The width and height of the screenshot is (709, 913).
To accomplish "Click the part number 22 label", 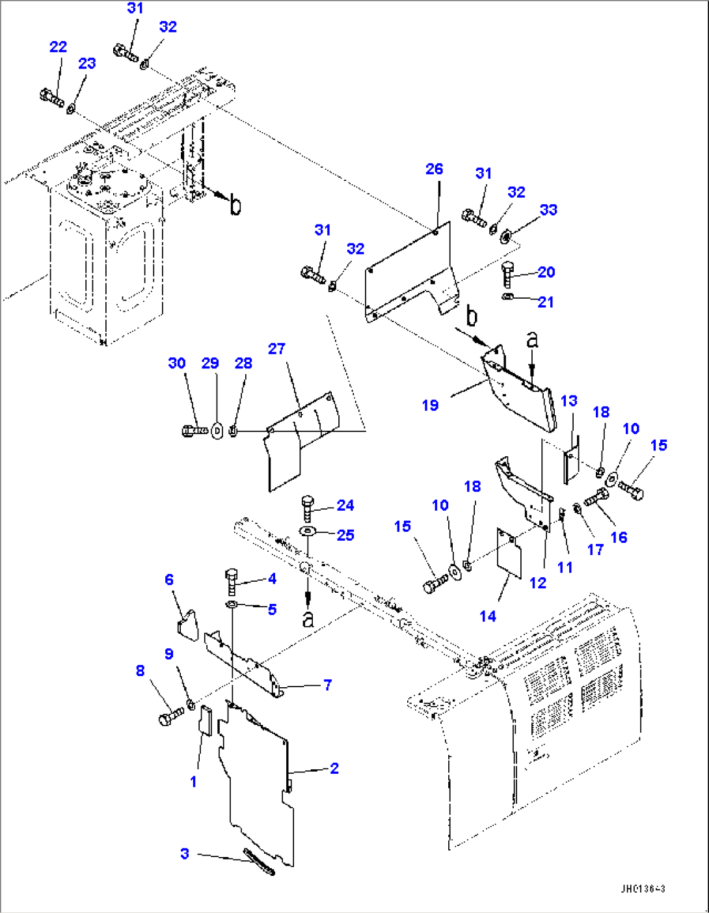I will pyautogui.click(x=58, y=47).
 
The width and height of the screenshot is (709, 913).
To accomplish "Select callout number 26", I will pyautogui.click(x=434, y=169).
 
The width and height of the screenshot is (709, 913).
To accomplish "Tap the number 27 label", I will pyautogui.click(x=276, y=349).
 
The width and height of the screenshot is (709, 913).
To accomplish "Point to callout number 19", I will pyautogui.click(x=430, y=405).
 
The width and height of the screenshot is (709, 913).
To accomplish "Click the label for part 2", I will pyautogui.click(x=334, y=769).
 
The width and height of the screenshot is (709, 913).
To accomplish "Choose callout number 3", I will pyautogui.click(x=185, y=854).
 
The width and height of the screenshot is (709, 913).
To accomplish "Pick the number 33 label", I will pyautogui.click(x=548, y=210).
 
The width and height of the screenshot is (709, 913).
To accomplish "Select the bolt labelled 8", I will pyautogui.click(x=170, y=716).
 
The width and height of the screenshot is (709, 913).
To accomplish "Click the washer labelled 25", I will pyautogui.click(x=308, y=532).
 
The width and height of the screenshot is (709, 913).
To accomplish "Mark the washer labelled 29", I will pyautogui.click(x=217, y=431).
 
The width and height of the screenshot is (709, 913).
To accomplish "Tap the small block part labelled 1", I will pyautogui.click(x=205, y=721).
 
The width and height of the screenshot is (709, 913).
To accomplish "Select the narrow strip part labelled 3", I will pyautogui.click(x=259, y=862).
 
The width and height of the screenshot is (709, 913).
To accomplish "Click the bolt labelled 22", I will pyautogui.click(x=51, y=98).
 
